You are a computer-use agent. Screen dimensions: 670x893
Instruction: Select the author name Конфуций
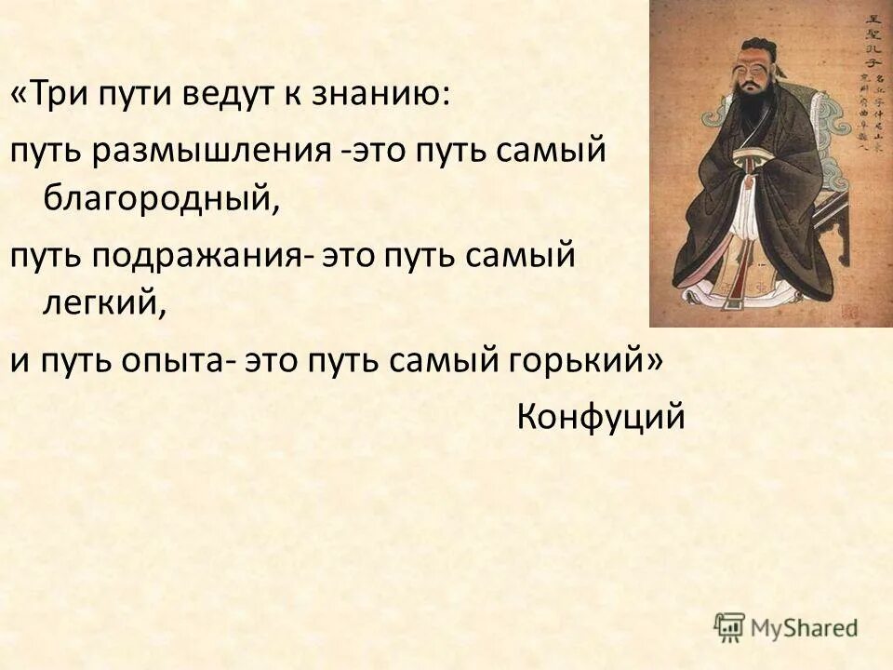coord(601,416)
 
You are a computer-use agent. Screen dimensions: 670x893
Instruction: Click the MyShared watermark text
coord(806,626)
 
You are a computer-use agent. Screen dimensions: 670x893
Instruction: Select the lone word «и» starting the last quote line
coord(19,360)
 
